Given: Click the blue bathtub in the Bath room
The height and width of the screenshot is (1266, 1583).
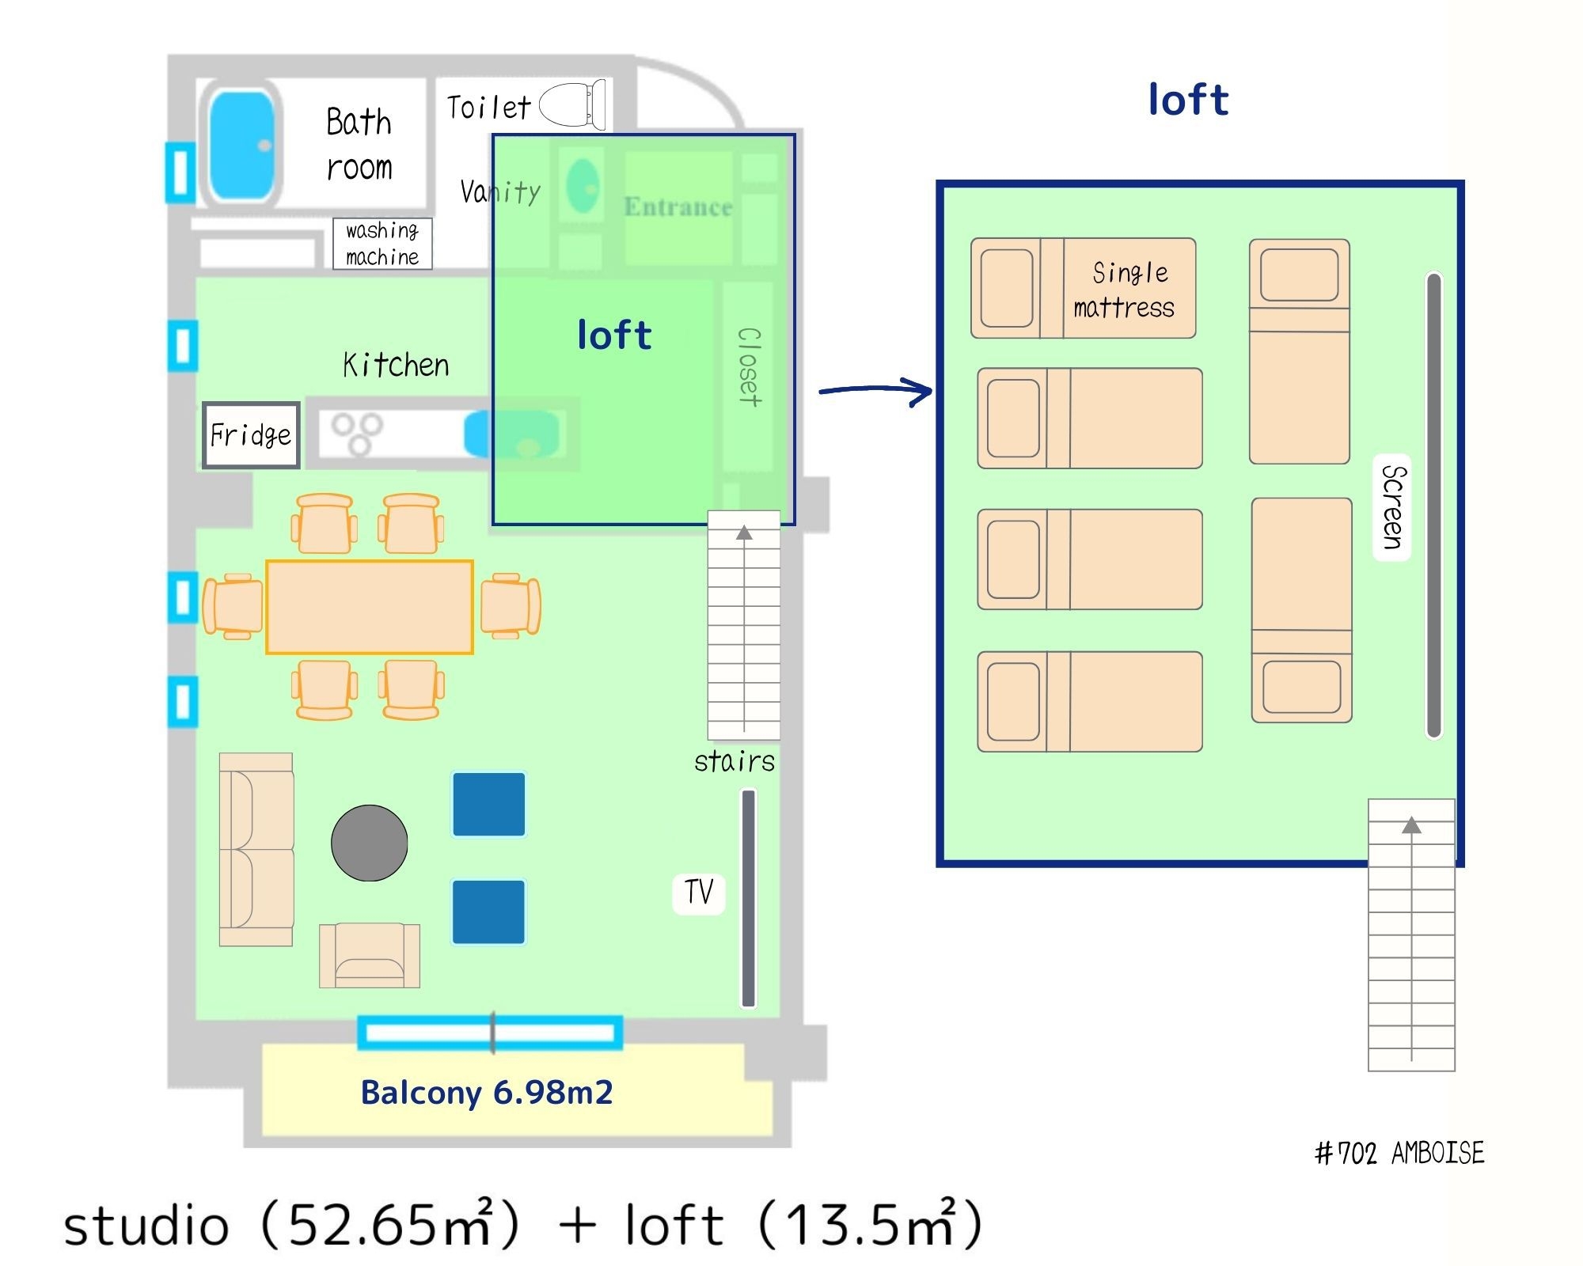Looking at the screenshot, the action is point(242,145).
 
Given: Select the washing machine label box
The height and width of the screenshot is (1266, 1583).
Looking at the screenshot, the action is point(382,244).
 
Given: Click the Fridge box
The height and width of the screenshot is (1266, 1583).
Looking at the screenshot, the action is point(251,435).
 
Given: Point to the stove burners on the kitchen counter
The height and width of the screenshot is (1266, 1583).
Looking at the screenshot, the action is point(357,433).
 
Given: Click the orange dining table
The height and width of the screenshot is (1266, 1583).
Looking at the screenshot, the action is point(370,607).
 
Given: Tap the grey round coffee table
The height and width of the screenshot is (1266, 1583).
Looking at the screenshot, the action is point(370,843).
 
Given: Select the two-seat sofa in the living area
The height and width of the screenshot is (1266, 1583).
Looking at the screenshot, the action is point(256,850).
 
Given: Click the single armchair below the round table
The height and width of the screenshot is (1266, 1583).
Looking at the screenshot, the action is point(370,955).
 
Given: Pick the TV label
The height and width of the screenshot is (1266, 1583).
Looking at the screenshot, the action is point(699,893).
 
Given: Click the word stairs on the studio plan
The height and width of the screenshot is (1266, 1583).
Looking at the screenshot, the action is point(735,761).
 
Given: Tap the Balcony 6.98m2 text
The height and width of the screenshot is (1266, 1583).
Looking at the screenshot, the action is point(487,1093).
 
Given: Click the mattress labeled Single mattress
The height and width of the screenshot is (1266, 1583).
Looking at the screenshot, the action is point(1084,289).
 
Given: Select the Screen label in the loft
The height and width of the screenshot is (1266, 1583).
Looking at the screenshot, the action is point(1392,507).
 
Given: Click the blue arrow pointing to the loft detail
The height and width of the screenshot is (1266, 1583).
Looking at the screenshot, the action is point(876,390).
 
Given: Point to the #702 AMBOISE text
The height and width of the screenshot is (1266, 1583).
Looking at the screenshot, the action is point(1399,1153).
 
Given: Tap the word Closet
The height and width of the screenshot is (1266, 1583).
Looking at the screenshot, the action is point(749,367).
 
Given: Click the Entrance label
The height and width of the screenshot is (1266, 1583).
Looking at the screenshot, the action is point(678,207).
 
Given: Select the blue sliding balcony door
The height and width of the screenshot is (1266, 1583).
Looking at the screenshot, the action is point(490,1033).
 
